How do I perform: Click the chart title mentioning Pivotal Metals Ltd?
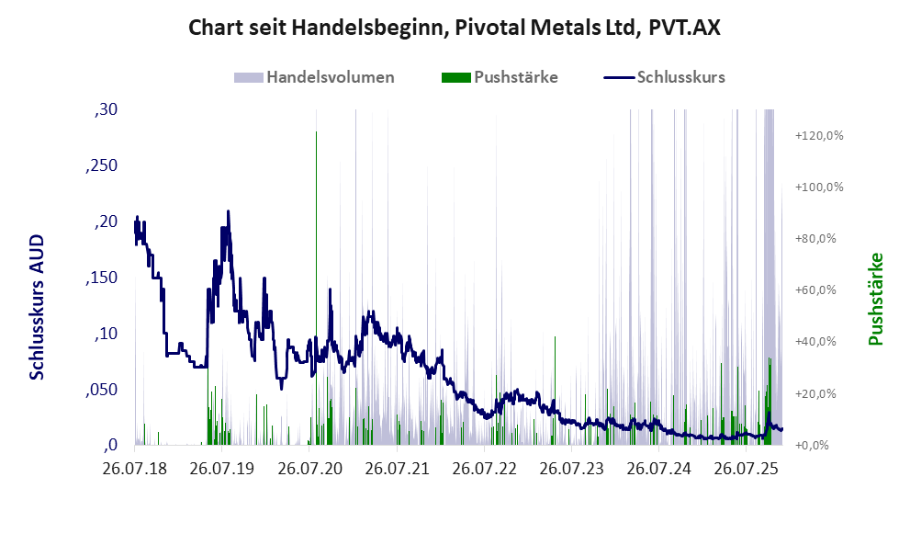coord(455,28)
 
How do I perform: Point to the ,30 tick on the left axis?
coord(107,110)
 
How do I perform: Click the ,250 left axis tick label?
coord(102,166)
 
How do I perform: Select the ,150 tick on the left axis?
coord(102,278)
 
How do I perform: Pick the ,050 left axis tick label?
coord(102,390)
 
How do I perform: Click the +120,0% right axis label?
coord(818,135)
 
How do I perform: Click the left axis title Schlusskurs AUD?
coord(38,306)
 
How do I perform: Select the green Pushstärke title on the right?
coord(875,299)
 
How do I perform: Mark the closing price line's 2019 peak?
coord(228,211)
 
